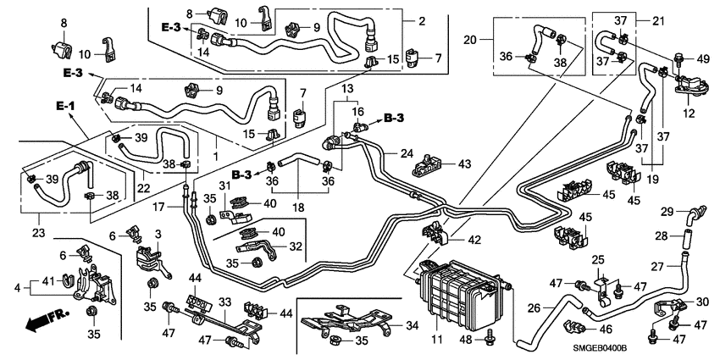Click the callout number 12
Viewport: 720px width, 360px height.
(x=689, y=113)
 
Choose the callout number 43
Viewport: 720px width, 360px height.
(x=464, y=163)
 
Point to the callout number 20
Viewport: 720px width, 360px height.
(x=473, y=40)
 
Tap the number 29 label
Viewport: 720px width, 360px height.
(x=667, y=211)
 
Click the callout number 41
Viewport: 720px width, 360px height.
(x=47, y=281)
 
